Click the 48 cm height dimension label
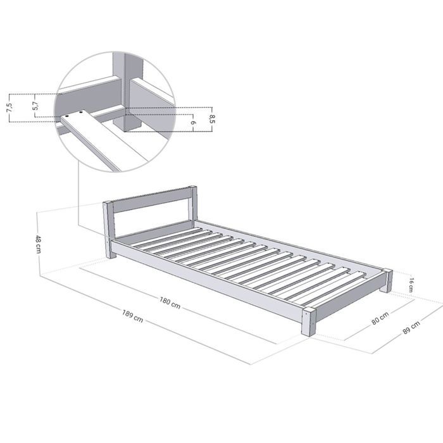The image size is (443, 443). pos(39,243)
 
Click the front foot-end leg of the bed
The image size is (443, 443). pos(309,322)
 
